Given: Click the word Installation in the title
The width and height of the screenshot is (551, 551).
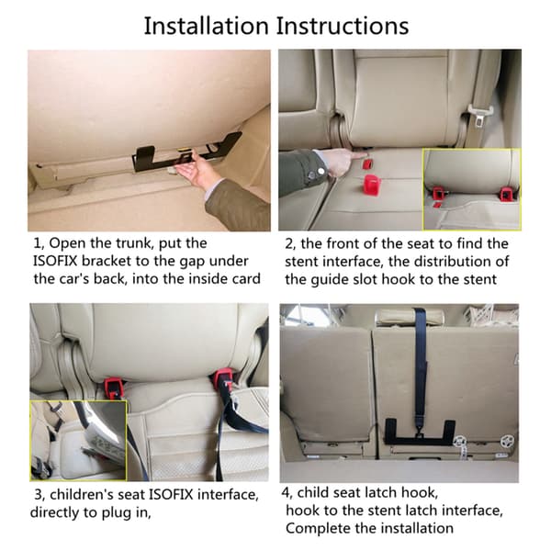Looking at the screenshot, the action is [x=207, y=26].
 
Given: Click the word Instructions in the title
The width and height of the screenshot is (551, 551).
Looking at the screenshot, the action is [x=343, y=26].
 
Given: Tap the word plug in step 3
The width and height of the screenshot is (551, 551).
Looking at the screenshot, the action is [x=116, y=513].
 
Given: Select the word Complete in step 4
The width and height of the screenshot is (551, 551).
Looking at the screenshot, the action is [x=313, y=529].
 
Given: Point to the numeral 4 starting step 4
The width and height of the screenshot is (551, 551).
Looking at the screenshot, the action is [x=285, y=493].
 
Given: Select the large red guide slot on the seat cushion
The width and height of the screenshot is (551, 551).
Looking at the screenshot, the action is [x=373, y=184].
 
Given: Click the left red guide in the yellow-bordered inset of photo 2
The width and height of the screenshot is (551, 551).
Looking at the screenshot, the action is [x=438, y=194].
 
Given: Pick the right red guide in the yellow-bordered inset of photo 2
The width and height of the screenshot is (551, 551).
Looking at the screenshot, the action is [x=506, y=193].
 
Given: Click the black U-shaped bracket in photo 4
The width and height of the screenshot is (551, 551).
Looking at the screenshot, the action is [x=420, y=435].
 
